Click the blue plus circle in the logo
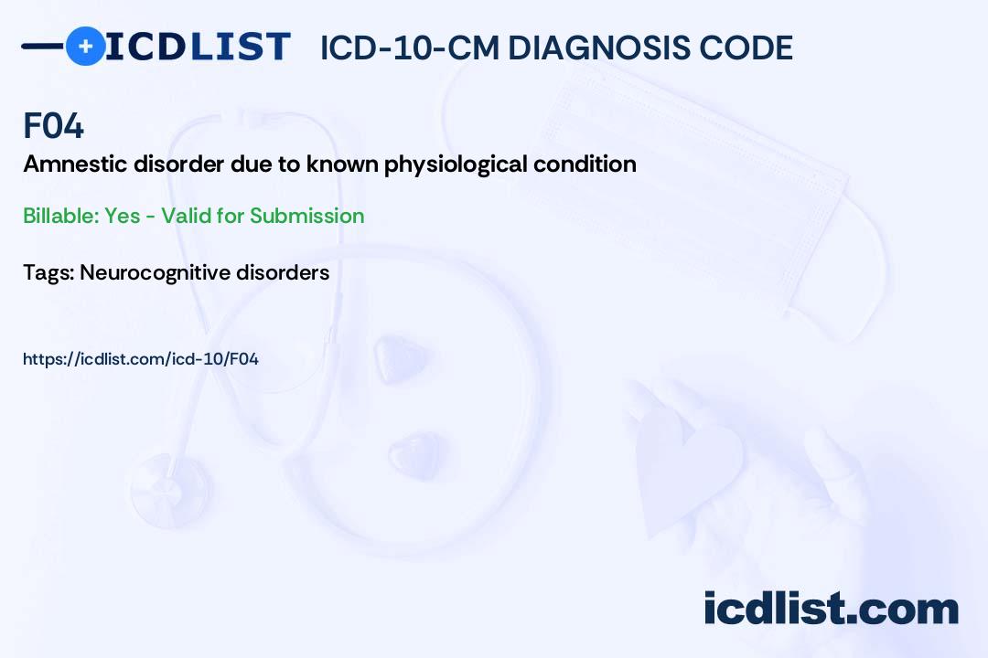[x=85, y=46]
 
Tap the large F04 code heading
[x=54, y=125]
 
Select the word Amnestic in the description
[x=75, y=164]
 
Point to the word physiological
[x=456, y=165]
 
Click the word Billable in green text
[x=61, y=216]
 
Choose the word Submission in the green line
[x=306, y=216]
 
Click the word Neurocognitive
[x=155, y=272]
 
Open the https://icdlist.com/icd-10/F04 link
[x=141, y=359]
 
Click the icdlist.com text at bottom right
[x=831, y=608]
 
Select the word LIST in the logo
[x=240, y=46]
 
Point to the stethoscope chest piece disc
[x=171, y=489]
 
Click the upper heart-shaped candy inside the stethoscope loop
[x=399, y=359]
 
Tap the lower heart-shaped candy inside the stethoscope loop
[x=416, y=455]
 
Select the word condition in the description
[x=585, y=164]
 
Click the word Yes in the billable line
[x=123, y=216]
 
